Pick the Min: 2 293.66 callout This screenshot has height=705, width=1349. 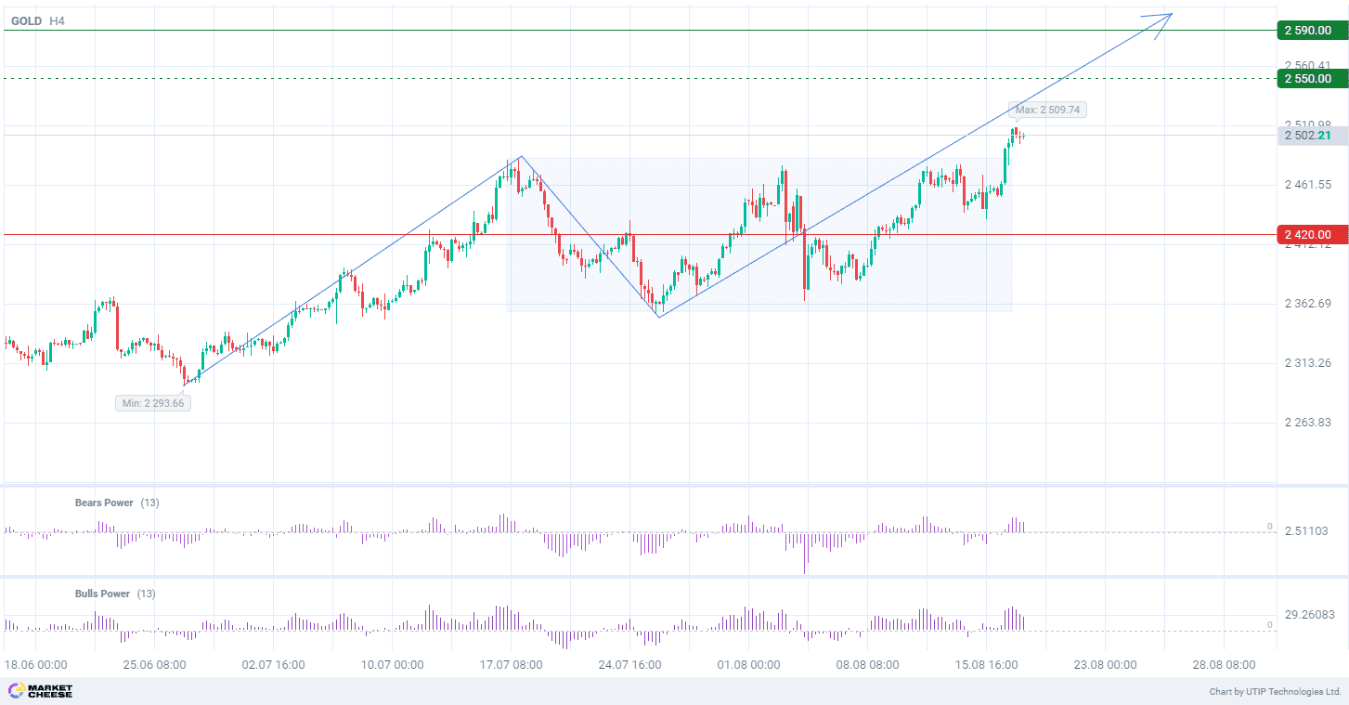[x=153, y=403]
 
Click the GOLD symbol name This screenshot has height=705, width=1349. [x=26, y=20]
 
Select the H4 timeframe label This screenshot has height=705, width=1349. [x=57, y=20]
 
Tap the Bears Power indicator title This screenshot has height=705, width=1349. [x=104, y=503]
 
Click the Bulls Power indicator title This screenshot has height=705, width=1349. [x=102, y=594]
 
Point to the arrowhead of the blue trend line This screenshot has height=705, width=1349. [x=1168, y=16]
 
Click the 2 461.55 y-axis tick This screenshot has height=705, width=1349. [x=1308, y=186]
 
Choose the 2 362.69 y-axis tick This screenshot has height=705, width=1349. [x=1308, y=304]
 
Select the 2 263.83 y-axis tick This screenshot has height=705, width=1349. [x=1308, y=423]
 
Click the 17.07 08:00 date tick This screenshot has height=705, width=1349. [x=511, y=665]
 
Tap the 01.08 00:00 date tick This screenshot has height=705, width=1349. [x=748, y=665]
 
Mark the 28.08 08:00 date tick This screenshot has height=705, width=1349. [x=1224, y=665]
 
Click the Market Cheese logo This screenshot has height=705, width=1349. [x=40, y=691]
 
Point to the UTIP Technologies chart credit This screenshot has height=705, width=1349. [x=1275, y=692]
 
